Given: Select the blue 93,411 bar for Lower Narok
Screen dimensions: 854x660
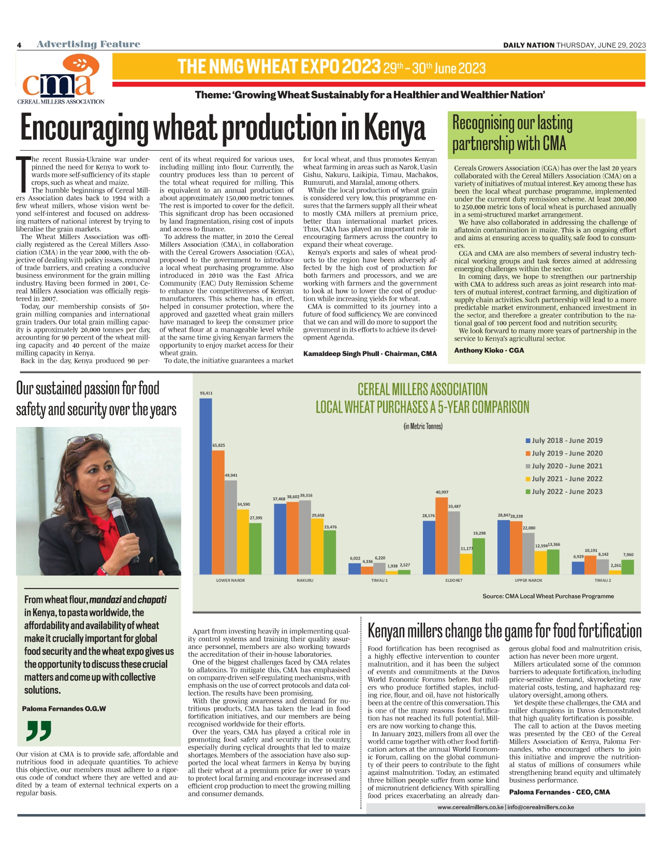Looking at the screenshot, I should click(206, 487).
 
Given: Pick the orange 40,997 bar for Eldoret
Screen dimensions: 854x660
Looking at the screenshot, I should click(442, 536).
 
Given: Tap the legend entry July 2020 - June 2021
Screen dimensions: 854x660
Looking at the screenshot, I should click(567, 466).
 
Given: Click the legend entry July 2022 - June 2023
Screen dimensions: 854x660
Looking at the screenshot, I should click(567, 492).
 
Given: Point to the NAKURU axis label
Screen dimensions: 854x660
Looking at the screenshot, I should click(305, 580).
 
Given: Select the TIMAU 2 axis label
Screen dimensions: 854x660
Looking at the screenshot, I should click(603, 580).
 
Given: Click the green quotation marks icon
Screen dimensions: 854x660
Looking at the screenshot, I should click(39, 730).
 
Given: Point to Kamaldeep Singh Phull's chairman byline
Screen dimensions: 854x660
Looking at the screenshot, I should click(370, 354).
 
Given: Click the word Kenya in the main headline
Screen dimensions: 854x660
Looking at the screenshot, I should click(394, 128).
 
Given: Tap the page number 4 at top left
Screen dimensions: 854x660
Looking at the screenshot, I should click(19, 45).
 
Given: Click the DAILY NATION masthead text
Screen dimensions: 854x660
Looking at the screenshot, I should click(529, 45).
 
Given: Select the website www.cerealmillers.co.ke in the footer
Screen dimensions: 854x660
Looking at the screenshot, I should click(470, 807).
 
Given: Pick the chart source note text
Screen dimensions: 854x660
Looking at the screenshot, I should click(548, 596).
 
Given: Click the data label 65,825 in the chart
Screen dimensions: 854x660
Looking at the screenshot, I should click(218, 445).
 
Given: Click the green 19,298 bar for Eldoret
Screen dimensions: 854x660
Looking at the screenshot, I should click(479, 556).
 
